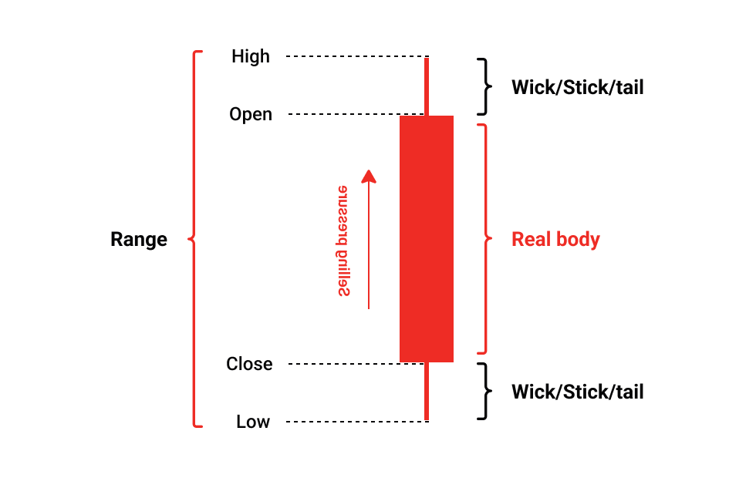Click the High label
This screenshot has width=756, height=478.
(251, 56)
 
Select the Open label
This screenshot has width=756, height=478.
(251, 114)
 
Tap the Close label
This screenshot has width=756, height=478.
(249, 364)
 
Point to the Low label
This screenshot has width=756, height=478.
(253, 422)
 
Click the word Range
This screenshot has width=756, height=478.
(139, 239)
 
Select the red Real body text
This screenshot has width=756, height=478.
(555, 239)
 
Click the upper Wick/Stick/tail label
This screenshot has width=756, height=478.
(577, 86)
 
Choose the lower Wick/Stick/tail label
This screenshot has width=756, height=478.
(577, 392)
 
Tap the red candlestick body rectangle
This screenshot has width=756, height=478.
(426, 239)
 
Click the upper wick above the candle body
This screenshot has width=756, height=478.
(426, 85)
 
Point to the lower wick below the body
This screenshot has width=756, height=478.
(426, 392)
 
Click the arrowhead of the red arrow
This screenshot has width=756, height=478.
(369, 177)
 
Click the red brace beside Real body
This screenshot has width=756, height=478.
(484, 239)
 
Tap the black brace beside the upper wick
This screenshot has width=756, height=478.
(484, 86)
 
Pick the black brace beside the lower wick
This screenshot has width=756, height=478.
(484, 392)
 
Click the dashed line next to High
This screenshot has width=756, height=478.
(355, 56)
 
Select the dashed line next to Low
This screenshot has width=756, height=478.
(355, 422)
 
